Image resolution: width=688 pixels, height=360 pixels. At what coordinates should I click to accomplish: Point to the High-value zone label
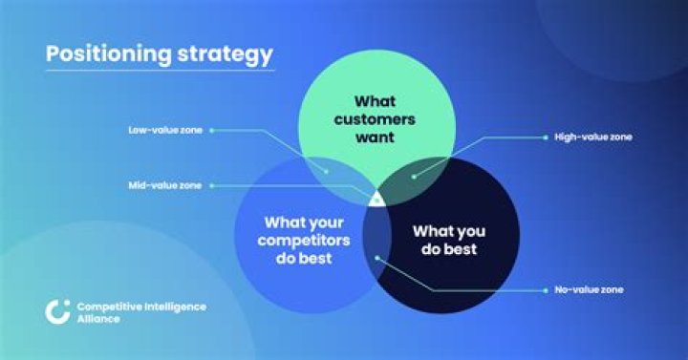[x=593, y=137]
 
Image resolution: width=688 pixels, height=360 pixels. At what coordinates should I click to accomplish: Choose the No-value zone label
[x=591, y=289]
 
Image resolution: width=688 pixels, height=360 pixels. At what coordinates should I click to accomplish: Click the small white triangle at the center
[x=376, y=199]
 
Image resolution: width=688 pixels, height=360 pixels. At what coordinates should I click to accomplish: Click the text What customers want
[x=376, y=118]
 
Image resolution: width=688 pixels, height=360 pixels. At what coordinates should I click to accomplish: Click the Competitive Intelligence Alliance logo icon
[x=57, y=310]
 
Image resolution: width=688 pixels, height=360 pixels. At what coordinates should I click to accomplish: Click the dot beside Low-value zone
[x=211, y=129]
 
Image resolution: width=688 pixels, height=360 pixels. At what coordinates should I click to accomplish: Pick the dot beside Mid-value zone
[x=211, y=185]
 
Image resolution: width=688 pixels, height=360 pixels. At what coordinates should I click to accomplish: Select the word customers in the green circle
[x=376, y=118]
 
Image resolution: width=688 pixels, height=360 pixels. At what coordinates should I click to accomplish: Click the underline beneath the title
[x=160, y=70]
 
